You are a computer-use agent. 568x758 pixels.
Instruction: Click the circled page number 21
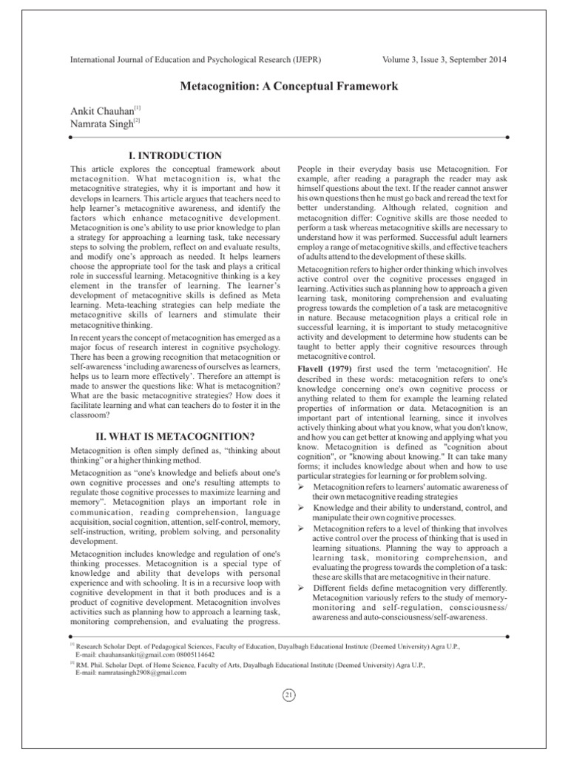(x=289, y=695)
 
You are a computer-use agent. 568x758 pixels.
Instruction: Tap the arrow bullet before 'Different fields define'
(x=301, y=587)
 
